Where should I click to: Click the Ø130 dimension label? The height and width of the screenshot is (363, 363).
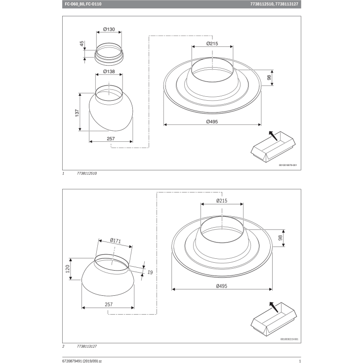tap(108, 30)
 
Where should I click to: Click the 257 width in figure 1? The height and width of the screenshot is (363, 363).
tap(111, 139)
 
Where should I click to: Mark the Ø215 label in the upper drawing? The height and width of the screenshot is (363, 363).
tap(212, 44)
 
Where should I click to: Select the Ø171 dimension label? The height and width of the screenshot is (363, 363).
tap(116, 242)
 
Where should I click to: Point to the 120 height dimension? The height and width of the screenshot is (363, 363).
tap(67, 269)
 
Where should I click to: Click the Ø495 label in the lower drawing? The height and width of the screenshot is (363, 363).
tap(222, 286)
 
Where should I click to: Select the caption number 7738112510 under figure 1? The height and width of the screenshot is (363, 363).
tap(87, 174)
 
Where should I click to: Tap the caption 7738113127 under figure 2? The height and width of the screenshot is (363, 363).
tap(87, 346)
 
